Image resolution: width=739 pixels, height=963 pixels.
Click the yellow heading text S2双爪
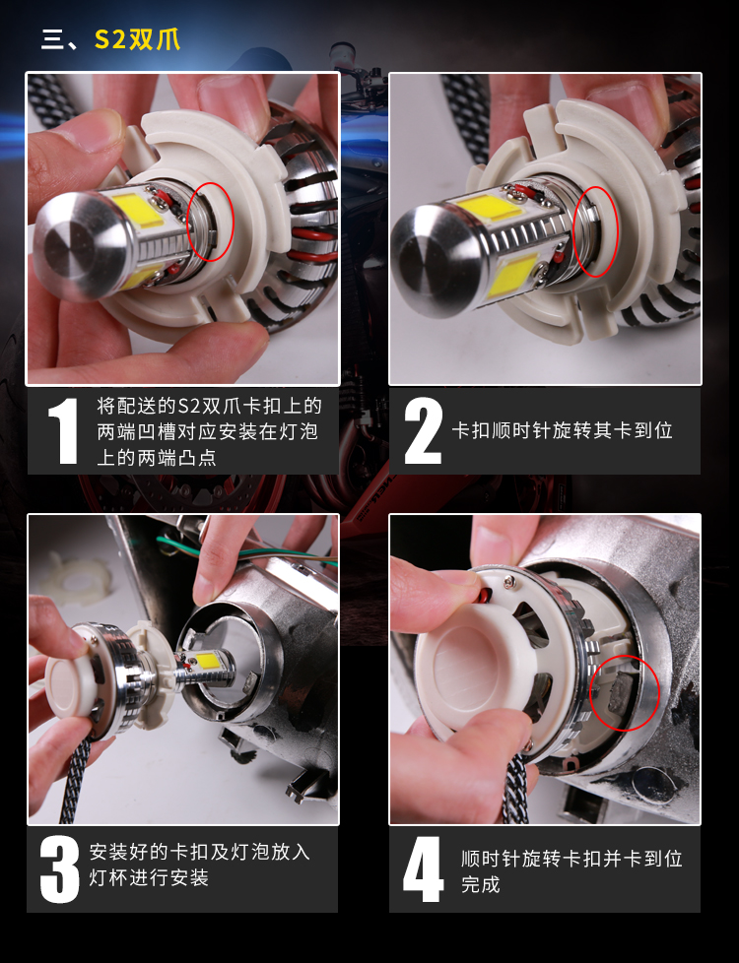(137, 39)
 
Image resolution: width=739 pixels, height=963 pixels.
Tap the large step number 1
(63, 430)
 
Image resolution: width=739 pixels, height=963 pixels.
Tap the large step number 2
(423, 430)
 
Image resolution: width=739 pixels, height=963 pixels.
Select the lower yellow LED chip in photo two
(511, 274)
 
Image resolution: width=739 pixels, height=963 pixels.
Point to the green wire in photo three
(246, 552)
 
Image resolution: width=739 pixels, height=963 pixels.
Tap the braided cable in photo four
(515, 788)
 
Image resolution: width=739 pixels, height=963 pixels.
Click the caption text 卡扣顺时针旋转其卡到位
(562, 430)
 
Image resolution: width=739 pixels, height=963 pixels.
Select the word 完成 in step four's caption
(480, 884)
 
